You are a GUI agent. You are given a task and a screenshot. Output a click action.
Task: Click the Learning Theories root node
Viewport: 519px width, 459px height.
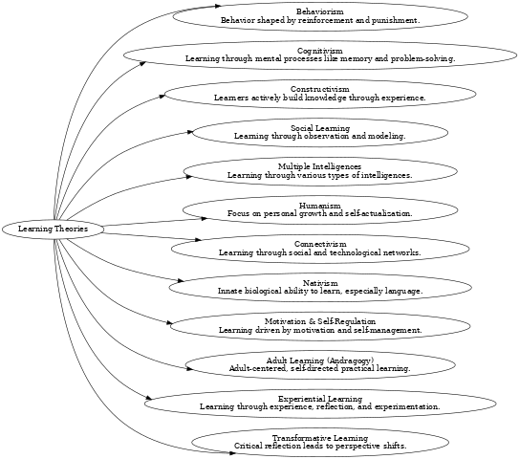(52, 229)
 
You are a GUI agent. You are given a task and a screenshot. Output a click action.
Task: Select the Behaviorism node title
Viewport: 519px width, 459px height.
(320, 11)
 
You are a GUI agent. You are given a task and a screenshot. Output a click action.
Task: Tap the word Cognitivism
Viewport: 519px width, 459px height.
(320, 50)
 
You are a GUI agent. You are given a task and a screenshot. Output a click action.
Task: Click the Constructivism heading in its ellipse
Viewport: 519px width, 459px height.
(320, 89)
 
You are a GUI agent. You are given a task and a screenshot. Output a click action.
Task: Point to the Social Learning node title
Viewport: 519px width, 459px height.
(320, 128)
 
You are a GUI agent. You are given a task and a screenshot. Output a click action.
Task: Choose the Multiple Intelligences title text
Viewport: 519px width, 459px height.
(320, 167)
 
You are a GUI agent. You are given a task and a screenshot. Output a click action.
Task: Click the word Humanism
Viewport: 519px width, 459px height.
(320, 206)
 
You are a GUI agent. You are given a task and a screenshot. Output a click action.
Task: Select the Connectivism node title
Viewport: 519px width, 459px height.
(320, 245)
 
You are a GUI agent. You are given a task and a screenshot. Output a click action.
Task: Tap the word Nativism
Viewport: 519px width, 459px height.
(320, 284)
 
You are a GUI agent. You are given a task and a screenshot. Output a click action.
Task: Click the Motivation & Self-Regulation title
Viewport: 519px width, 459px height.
(320, 322)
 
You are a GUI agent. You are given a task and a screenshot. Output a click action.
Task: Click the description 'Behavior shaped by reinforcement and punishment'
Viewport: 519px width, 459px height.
(320, 19)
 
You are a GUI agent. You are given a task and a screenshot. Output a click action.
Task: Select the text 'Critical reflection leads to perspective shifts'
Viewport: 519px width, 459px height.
(320, 447)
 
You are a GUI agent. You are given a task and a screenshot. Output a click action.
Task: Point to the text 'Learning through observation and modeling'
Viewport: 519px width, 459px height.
(320, 137)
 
